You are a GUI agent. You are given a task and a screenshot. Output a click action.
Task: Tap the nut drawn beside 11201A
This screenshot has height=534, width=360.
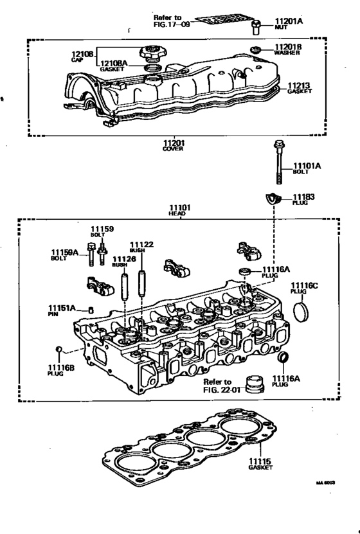(256, 26)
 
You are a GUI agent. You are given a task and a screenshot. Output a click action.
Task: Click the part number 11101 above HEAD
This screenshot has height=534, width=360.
(180, 208)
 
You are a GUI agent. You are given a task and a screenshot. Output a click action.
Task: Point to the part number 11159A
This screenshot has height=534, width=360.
(65, 253)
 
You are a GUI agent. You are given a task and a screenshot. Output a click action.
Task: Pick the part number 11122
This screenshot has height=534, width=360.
(141, 244)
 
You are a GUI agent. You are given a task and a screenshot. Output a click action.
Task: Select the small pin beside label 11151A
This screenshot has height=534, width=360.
(91, 310)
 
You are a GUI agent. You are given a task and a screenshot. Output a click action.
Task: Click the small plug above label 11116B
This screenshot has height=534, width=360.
(58, 350)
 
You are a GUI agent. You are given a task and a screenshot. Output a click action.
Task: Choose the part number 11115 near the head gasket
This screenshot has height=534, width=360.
(260, 461)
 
